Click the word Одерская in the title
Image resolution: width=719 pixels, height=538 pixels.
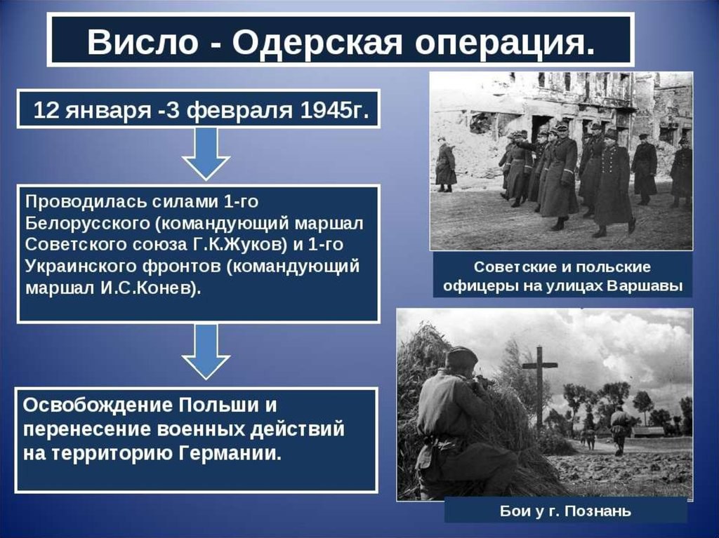tap(317, 43)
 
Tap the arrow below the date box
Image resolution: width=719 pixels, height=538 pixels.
tap(206, 154)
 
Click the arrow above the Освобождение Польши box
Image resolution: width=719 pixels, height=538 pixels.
tap(206, 351)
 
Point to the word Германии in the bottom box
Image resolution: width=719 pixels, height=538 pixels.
tap(229, 454)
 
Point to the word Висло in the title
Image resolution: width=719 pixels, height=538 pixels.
tap(143, 43)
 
